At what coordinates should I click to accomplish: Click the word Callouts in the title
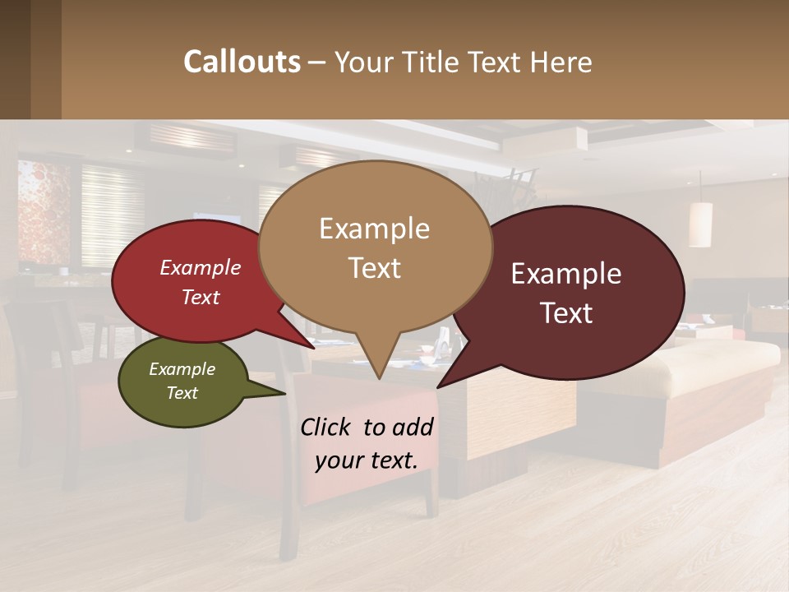tap(242, 62)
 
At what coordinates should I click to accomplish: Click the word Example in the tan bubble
tap(375, 229)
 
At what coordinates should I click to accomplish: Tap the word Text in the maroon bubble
tap(567, 313)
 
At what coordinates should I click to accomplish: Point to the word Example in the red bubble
tap(201, 268)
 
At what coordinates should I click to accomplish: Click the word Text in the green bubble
tap(182, 393)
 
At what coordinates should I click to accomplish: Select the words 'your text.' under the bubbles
tap(367, 460)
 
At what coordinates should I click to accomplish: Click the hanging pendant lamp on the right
tap(700, 224)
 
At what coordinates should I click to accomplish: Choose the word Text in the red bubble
tap(201, 298)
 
